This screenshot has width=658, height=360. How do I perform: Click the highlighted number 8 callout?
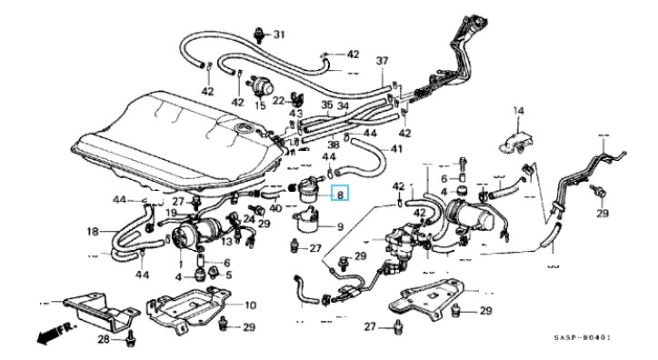[x=340, y=195]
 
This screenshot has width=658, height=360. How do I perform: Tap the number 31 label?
[x=279, y=35]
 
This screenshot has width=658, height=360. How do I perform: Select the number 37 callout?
[x=382, y=61]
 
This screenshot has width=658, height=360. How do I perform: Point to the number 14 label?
[x=519, y=111]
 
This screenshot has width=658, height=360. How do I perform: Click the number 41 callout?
[x=396, y=149]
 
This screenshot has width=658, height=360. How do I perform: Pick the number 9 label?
[x=340, y=227]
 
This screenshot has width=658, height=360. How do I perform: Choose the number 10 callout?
[x=250, y=305]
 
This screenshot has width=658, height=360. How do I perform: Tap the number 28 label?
[x=105, y=339]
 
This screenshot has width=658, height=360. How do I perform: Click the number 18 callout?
[x=93, y=231]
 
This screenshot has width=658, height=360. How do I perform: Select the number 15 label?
[x=260, y=105]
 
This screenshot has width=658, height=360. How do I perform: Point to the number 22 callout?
[x=278, y=101]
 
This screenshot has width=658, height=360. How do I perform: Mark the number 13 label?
[x=226, y=241]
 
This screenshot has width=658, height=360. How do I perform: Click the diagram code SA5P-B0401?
[x=582, y=338]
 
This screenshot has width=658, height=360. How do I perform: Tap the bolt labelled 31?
[x=259, y=35]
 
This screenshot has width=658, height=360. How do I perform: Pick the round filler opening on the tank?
[x=244, y=126]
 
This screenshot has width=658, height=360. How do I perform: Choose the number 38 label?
[x=334, y=145]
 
